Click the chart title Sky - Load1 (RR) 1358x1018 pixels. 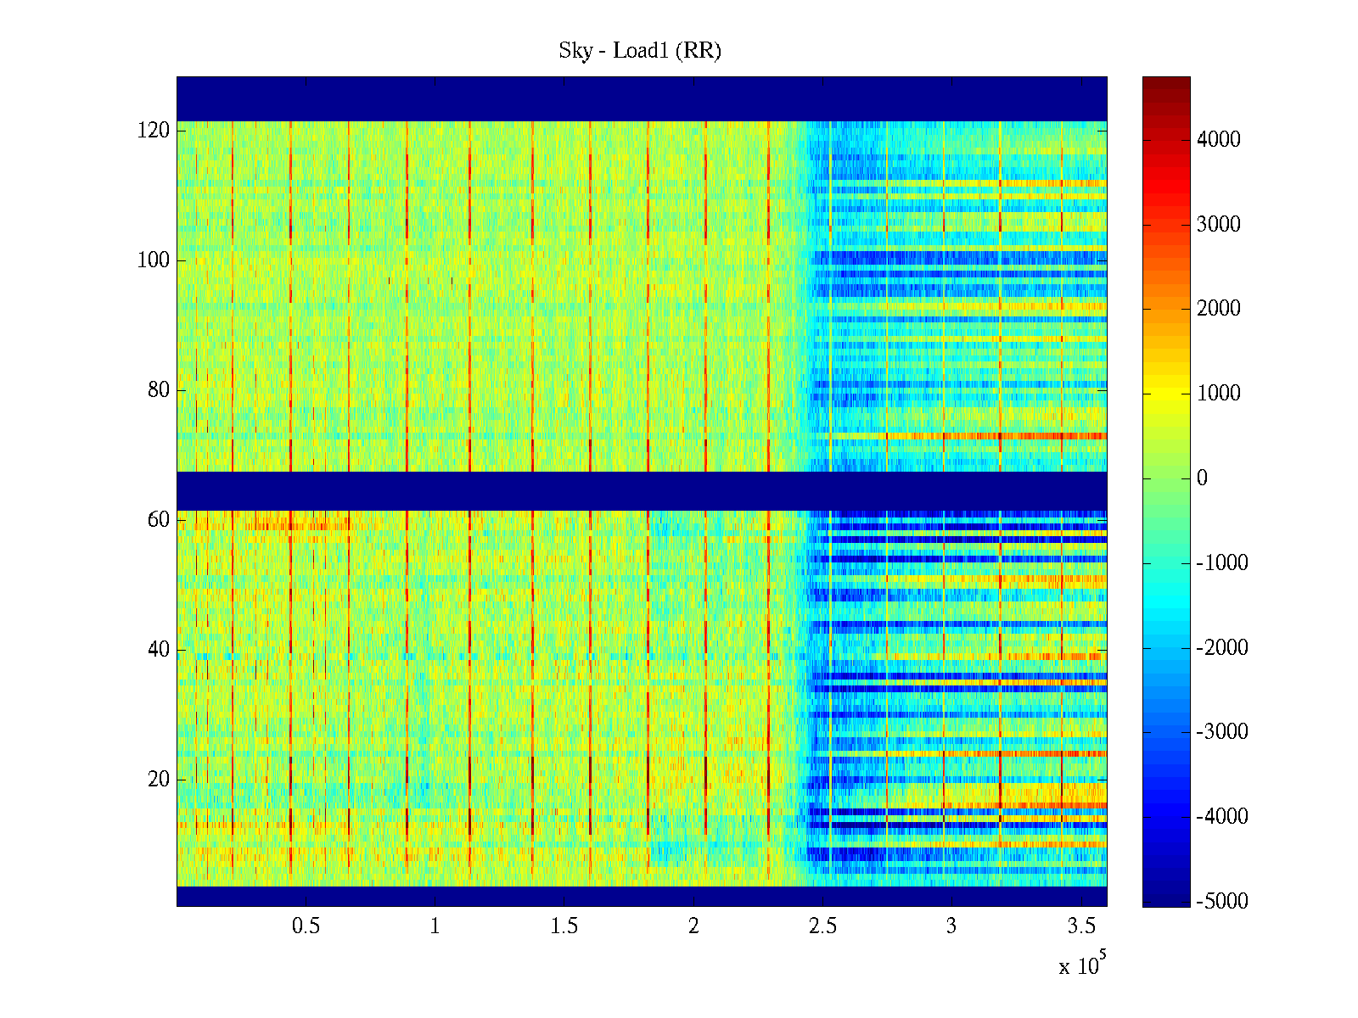(639, 51)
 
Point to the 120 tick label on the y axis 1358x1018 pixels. (154, 131)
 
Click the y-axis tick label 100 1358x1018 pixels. (154, 260)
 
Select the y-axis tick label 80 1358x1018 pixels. (159, 390)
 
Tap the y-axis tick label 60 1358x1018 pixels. (159, 520)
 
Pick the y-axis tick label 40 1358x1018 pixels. (159, 650)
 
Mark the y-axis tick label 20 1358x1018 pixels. (159, 780)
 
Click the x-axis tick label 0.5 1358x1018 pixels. (306, 926)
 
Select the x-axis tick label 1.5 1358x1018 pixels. (564, 926)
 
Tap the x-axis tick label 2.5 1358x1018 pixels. (822, 926)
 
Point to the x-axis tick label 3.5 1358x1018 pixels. (1080, 926)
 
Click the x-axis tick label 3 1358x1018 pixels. (951, 926)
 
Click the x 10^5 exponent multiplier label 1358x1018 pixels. (1082, 965)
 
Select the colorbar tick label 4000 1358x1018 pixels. (1219, 140)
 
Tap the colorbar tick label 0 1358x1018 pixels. (1202, 478)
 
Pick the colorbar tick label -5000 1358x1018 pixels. (1222, 902)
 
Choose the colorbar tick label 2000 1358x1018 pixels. (1219, 309)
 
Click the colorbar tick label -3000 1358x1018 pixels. (1222, 732)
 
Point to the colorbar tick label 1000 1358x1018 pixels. (1219, 394)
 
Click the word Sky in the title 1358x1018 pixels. (575, 51)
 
